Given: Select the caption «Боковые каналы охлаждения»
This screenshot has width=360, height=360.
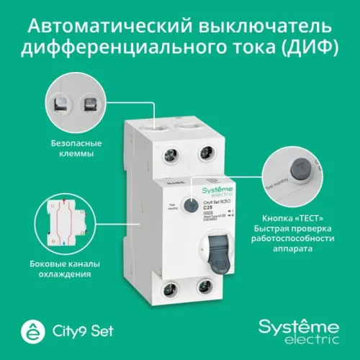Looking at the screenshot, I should [x=76, y=269].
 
